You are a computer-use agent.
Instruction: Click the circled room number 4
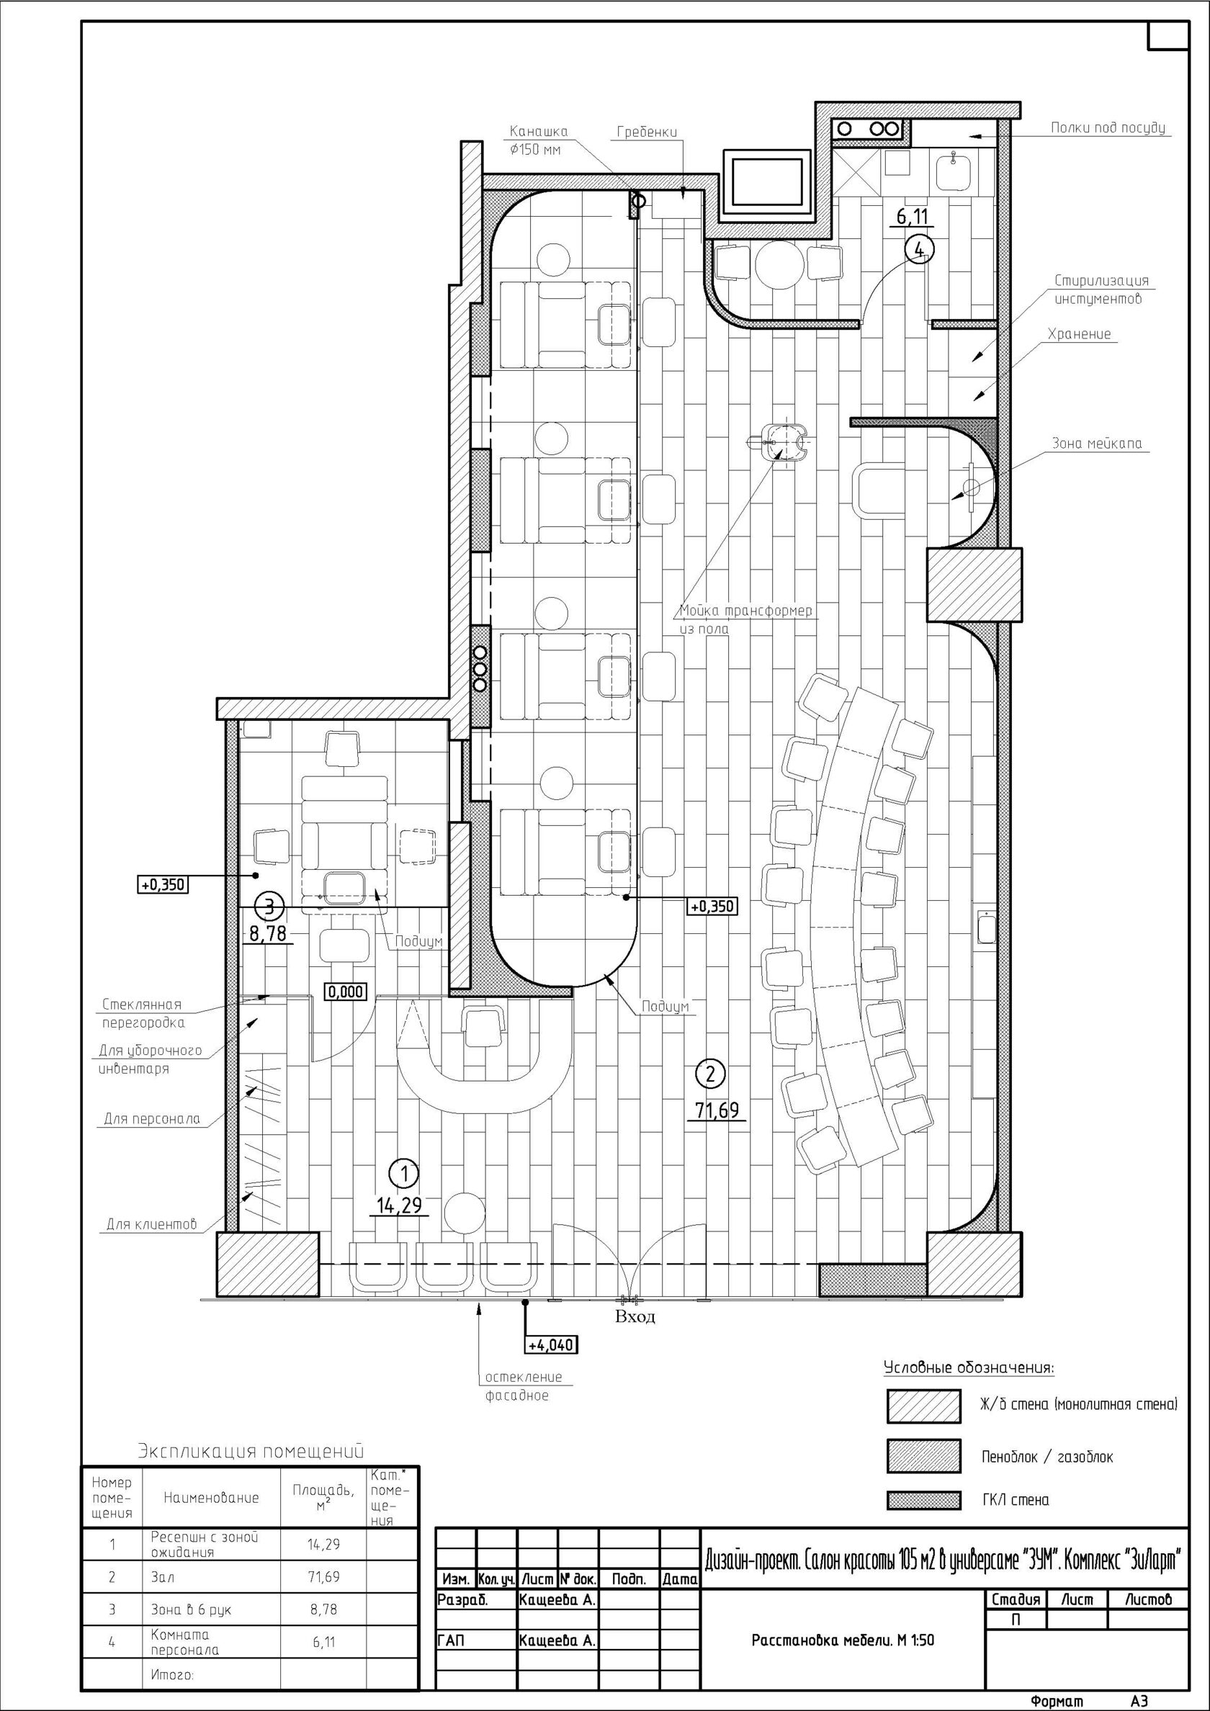[919, 250]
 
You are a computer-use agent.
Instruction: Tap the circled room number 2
[709, 1074]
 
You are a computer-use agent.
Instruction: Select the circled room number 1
[405, 1174]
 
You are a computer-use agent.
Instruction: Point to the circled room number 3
[269, 906]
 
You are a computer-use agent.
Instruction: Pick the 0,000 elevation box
[345, 991]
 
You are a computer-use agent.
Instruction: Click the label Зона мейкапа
[1096, 444]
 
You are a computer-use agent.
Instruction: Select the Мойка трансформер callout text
[745, 611]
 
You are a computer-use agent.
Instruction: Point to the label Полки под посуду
[1108, 128]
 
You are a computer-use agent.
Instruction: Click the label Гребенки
[647, 133]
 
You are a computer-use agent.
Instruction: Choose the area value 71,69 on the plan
[717, 1110]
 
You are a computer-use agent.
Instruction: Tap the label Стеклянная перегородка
[143, 1013]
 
